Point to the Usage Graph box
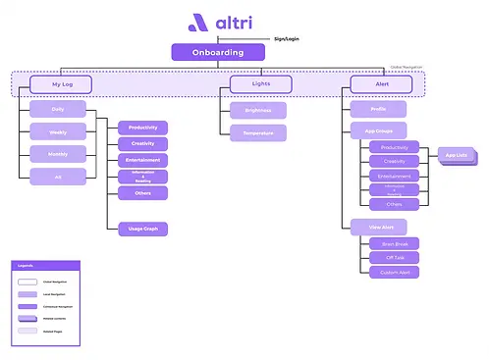coord(142,229)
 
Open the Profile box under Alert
coord(378,109)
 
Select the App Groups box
coord(378,129)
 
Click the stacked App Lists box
coord(456,156)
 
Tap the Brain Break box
coord(388,242)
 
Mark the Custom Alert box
coord(388,272)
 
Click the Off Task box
coord(388,257)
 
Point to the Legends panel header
coord(45,265)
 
